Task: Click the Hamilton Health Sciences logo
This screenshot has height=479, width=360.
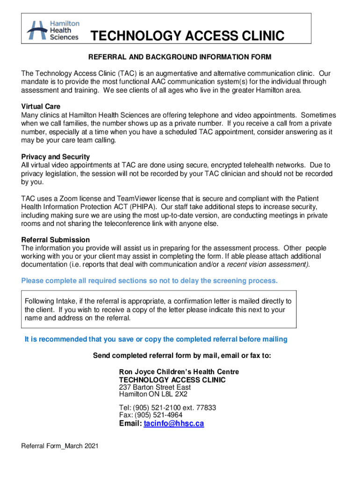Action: (53, 30)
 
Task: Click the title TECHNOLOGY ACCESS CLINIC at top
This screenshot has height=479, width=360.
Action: (187, 36)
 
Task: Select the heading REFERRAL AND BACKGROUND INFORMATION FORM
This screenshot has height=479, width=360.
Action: (180, 57)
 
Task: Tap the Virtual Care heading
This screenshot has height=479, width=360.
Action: (41, 107)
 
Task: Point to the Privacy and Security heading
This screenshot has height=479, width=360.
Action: (56, 157)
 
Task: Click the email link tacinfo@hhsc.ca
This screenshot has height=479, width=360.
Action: (174, 424)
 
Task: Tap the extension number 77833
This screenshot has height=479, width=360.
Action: (206, 407)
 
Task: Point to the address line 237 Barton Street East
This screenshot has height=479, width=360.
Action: (155, 387)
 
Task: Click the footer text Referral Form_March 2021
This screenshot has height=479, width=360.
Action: (60, 447)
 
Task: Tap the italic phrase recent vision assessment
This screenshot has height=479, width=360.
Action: (267, 264)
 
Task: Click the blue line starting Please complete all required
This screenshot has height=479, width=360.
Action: (150, 281)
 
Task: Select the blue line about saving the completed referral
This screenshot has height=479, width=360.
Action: (156, 339)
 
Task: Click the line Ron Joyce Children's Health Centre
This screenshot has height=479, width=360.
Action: (179, 372)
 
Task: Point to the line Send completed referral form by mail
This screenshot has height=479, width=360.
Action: (182, 356)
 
